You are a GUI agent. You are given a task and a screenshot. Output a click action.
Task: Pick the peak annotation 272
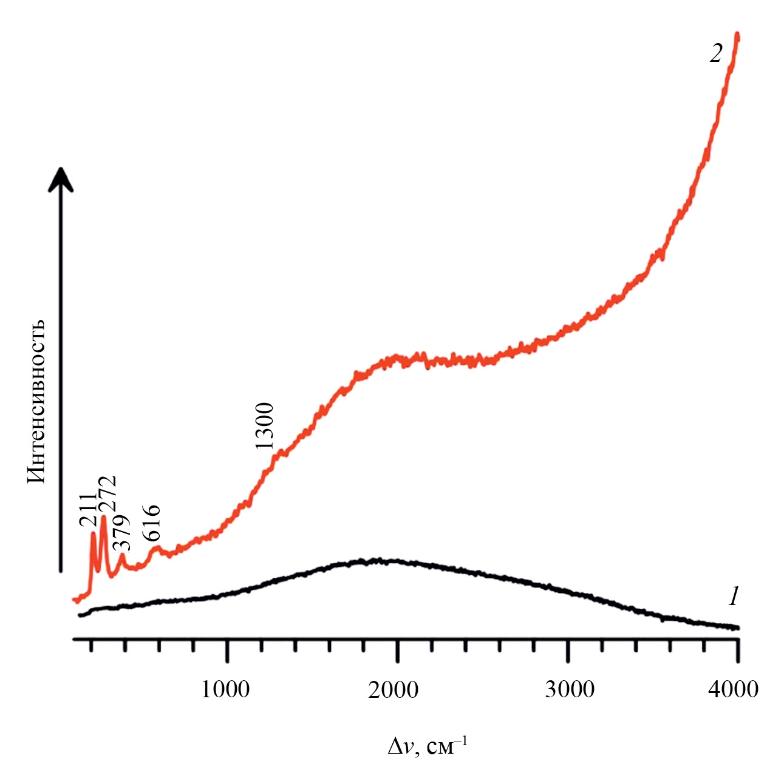[107, 495]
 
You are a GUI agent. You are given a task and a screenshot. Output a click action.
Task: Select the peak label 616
[150, 523]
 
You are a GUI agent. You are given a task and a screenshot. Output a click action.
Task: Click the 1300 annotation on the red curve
[265, 425]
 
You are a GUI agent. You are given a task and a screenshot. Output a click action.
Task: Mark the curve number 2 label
[716, 54]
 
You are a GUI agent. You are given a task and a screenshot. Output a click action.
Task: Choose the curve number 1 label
[734, 598]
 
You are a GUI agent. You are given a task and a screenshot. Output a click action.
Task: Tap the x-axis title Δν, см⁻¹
[428, 745]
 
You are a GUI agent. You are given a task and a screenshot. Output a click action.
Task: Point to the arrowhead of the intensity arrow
[61, 178]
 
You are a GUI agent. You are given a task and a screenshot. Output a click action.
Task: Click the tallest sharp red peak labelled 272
[103, 518]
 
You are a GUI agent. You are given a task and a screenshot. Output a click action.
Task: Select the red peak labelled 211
[92, 534]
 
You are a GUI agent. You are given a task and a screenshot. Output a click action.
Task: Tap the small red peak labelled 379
[122, 555]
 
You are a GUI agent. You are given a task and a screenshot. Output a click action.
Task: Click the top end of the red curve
[737, 35]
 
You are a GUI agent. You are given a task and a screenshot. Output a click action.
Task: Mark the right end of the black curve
[737, 627]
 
